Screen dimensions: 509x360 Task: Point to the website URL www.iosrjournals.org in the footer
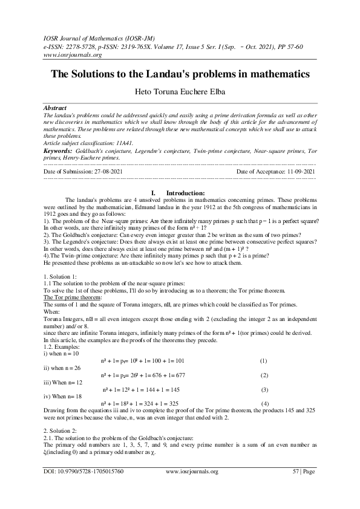point(191,487)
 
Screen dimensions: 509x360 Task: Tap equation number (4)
point(264,402)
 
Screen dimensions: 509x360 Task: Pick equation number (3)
point(264,389)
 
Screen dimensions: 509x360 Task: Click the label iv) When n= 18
point(70,395)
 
